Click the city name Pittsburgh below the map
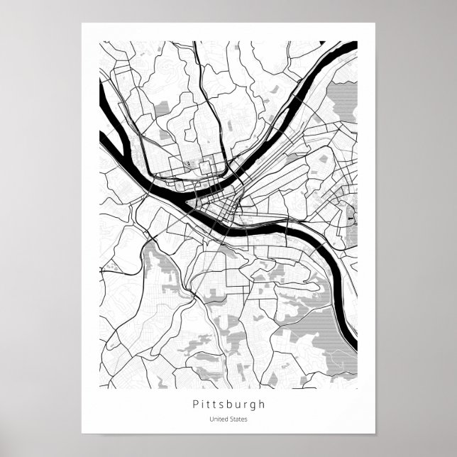228,404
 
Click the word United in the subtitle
219,419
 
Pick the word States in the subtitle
238,419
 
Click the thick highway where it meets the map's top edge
195,43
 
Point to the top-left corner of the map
99,41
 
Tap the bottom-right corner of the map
357,388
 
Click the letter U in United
211,419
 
